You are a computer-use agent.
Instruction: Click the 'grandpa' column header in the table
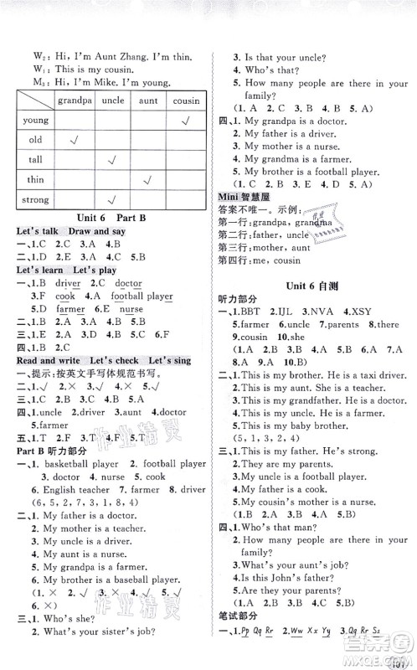(74, 100)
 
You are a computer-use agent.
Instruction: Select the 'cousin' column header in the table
(185, 100)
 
